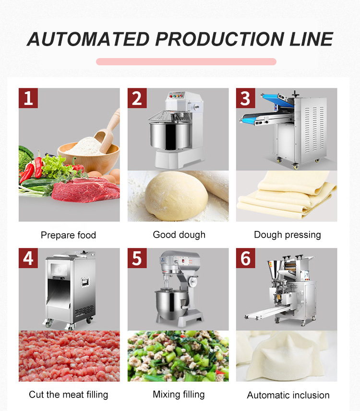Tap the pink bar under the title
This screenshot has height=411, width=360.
(x=186, y=61)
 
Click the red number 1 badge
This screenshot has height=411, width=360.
(x=28, y=98)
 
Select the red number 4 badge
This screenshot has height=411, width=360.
(x=28, y=258)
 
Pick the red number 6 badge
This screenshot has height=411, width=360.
(x=245, y=258)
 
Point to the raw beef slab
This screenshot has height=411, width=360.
(x=86, y=190)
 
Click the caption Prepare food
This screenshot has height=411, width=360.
(x=68, y=235)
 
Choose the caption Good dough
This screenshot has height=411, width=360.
(x=179, y=235)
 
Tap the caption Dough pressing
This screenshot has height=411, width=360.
(x=287, y=235)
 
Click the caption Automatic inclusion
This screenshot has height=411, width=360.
(x=288, y=395)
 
